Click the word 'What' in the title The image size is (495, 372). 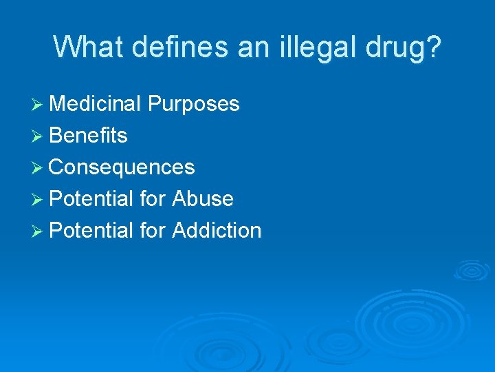tap(87, 47)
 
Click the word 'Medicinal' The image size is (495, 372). tap(96, 104)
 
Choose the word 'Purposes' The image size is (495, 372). tap(194, 105)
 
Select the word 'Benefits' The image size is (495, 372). tap(89, 136)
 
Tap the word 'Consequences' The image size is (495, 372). tap(122, 167)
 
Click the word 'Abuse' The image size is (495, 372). tap(203, 199)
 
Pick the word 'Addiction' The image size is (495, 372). tap(217, 231)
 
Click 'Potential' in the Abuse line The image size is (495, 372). tap(91, 199)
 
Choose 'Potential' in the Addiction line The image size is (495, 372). tap(91, 231)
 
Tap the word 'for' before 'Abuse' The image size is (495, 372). tap(153, 199)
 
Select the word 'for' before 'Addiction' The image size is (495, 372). tap(153, 231)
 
